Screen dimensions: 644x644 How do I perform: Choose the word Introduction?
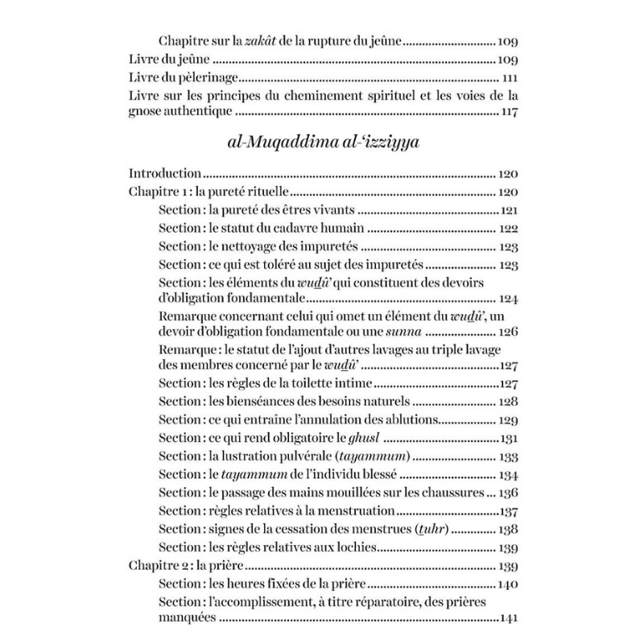click(165, 173)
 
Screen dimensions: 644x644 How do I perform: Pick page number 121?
click(508, 210)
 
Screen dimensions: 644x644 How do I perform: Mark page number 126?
click(506, 332)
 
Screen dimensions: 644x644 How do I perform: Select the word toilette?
click(315, 382)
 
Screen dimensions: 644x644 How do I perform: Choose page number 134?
click(506, 474)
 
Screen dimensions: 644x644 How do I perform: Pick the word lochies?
click(356, 547)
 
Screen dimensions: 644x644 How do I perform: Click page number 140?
click(506, 584)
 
